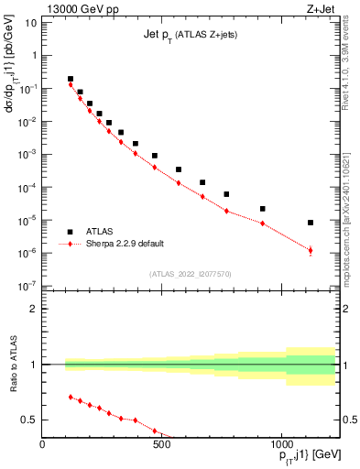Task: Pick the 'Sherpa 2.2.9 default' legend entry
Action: [x=128, y=245]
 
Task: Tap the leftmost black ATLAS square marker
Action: [x=71, y=79]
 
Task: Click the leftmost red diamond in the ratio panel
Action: [x=71, y=397]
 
